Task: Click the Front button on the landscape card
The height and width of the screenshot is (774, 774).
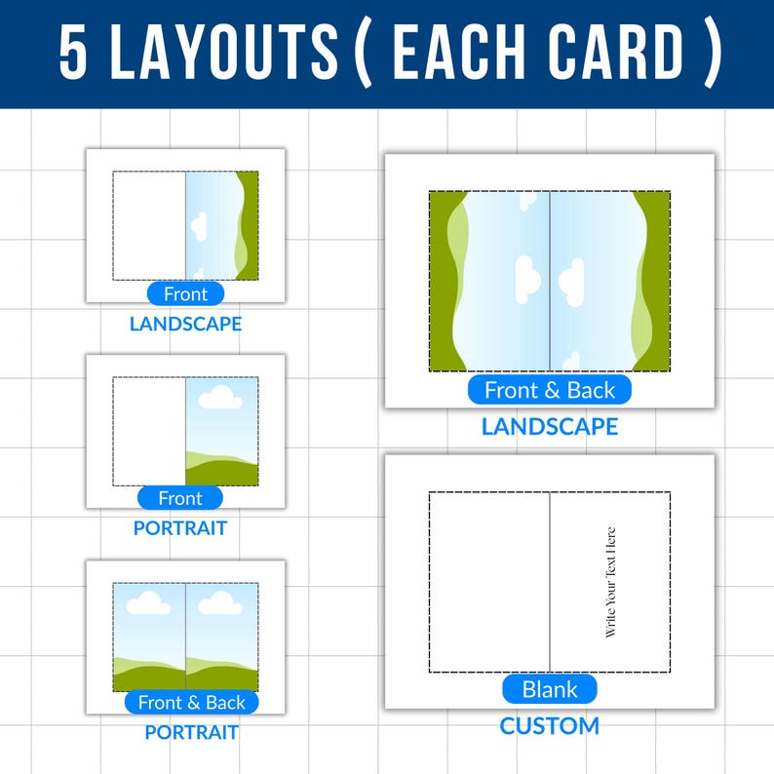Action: click(185, 293)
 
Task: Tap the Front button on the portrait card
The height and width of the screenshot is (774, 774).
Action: click(180, 498)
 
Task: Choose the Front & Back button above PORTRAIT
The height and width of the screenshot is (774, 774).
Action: click(192, 702)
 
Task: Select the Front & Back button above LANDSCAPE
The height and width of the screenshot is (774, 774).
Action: click(550, 390)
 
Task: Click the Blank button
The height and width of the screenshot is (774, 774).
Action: click(550, 689)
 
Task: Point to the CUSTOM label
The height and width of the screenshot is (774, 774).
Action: click(550, 726)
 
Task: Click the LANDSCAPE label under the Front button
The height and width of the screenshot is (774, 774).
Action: click(185, 324)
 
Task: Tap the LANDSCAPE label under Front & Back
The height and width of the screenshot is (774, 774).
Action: click(550, 427)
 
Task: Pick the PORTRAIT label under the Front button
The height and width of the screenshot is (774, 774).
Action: click(180, 528)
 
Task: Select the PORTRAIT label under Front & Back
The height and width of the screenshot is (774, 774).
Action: click(192, 732)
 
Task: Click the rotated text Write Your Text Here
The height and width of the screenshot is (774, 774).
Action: click(611, 582)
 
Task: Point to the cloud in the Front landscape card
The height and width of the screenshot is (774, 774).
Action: click(199, 228)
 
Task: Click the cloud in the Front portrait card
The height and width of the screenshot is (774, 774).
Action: click(220, 397)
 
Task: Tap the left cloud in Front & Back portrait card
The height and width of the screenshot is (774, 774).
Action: click(148, 603)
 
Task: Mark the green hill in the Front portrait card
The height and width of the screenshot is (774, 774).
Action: click(222, 471)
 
